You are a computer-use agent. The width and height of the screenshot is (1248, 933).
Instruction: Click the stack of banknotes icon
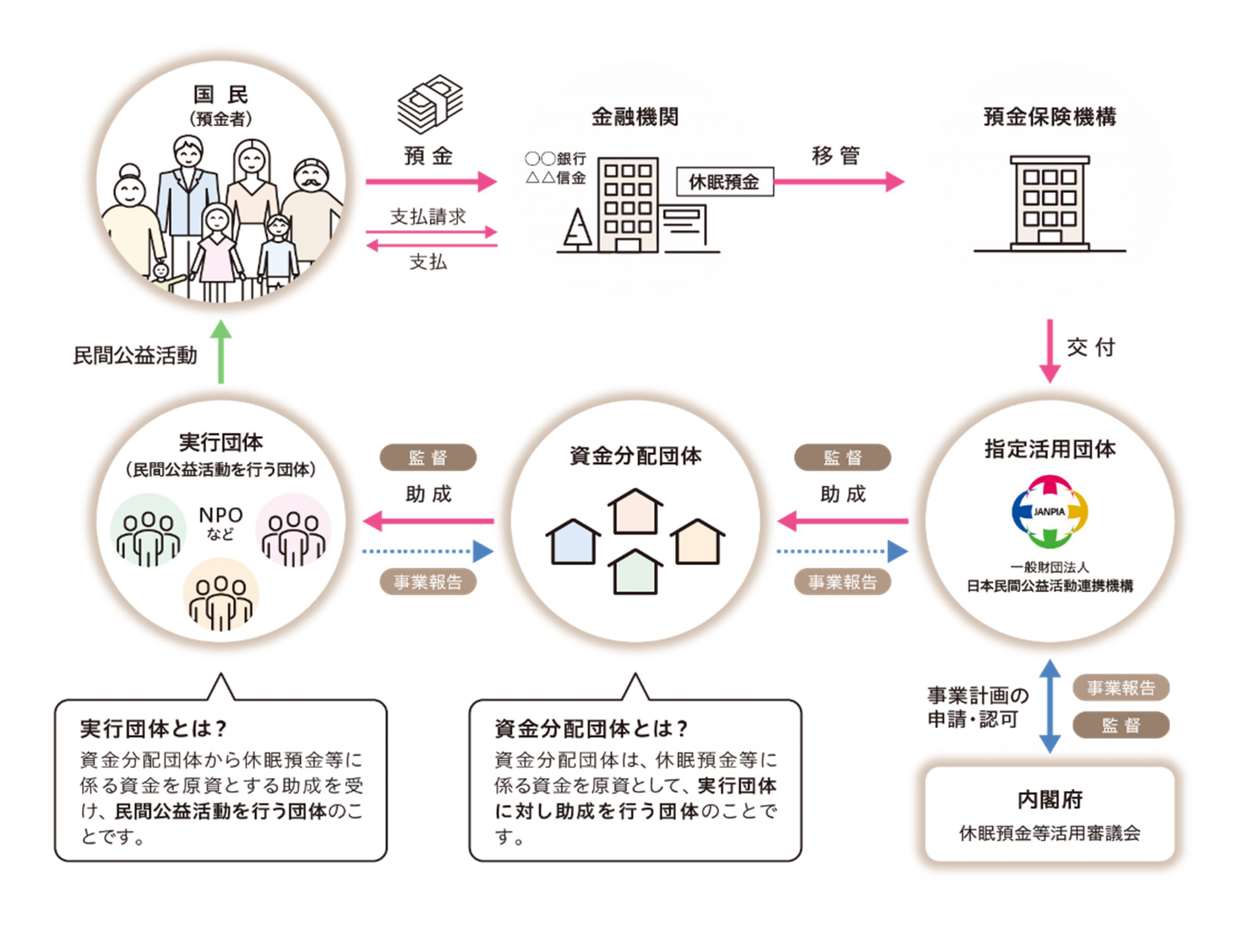[x=430, y=104]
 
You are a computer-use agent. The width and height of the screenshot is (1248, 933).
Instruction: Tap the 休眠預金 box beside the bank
[x=724, y=182]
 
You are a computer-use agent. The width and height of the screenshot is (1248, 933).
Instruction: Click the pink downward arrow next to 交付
[x=1050, y=351]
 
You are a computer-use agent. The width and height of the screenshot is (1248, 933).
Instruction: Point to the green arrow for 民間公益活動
[x=221, y=352]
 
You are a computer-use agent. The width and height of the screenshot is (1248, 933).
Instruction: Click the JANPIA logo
[x=1050, y=512]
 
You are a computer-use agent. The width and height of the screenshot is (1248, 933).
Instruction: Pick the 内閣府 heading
[x=1050, y=799]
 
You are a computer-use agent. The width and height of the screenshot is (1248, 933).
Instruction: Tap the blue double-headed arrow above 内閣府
[x=1050, y=706]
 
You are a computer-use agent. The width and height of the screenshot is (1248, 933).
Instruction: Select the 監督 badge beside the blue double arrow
[x=1120, y=725]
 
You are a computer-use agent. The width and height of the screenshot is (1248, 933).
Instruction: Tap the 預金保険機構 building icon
[x=1050, y=203]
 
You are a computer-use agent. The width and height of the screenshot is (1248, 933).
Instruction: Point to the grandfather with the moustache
[x=312, y=209]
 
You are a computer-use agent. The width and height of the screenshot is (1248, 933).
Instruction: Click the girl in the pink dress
[x=217, y=248]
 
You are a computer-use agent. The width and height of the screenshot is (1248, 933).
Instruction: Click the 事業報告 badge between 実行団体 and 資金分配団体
[x=428, y=582]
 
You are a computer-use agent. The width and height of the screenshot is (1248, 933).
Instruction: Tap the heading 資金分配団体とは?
[x=591, y=729]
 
